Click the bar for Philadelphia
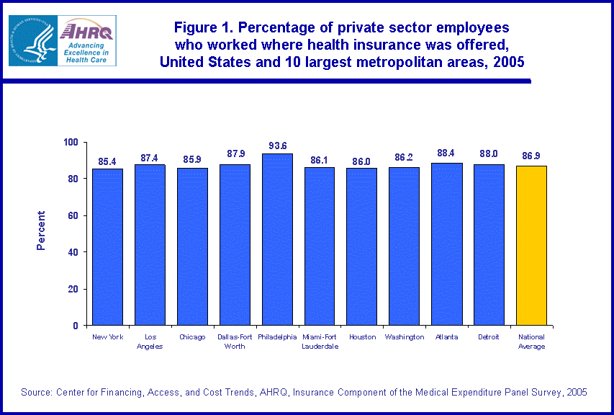pyautogui.click(x=277, y=239)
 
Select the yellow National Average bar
pyautogui.click(x=532, y=246)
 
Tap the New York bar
pyautogui.click(x=107, y=247)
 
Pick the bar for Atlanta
pyautogui.click(x=447, y=244)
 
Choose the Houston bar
pyautogui.click(x=361, y=246)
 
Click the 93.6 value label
pyautogui.click(x=278, y=146)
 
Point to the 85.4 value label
pyautogui.click(x=107, y=161)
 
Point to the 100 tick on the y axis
pyautogui.click(x=71, y=142)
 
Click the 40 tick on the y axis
pyautogui.click(x=73, y=252)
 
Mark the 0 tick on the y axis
pyautogui.click(x=76, y=326)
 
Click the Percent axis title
pyautogui.click(x=41, y=231)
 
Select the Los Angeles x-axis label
pyautogui.click(x=150, y=342)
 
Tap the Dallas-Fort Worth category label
pyautogui.click(x=235, y=342)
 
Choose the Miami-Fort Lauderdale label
pyautogui.click(x=320, y=342)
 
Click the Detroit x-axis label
pyautogui.click(x=489, y=337)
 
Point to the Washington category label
pyautogui.click(x=405, y=337)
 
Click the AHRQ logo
pyautogui.click(x=62, y=40)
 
